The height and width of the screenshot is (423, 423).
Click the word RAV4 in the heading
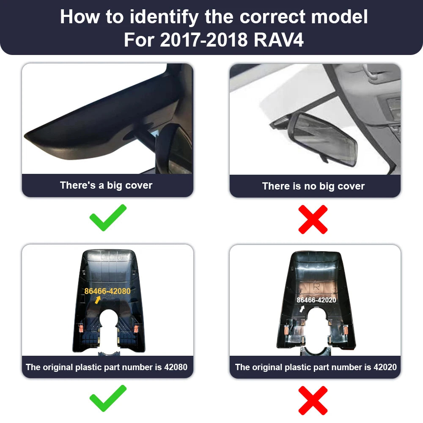(x=278, y=40)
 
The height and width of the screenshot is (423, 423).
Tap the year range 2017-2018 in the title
(x=204, y=40)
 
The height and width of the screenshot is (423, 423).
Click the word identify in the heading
(x=164, y=17)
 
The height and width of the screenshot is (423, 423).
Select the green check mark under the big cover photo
(x=108, y=217)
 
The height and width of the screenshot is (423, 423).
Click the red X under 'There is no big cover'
(x=313, y=219)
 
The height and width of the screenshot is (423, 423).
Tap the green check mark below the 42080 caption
(x=108, y=398)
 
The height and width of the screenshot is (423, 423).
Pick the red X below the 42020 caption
(x=313, y=400)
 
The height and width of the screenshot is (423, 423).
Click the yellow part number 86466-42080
(x=107, y=291)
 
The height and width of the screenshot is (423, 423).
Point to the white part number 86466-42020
(x=316, y=300)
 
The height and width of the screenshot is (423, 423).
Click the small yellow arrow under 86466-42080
(x=98, y=300)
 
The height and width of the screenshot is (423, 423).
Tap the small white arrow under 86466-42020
(x=302, y=309)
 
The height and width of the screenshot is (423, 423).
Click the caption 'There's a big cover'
(x=106, y=185)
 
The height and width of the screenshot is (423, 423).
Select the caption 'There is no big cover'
(x=313, y=186)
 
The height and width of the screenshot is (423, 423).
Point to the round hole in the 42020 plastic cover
(x=316, y=318)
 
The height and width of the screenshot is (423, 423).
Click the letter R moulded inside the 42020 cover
(x=316, y=287)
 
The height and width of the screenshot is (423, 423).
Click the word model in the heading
(x=339, y=17)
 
